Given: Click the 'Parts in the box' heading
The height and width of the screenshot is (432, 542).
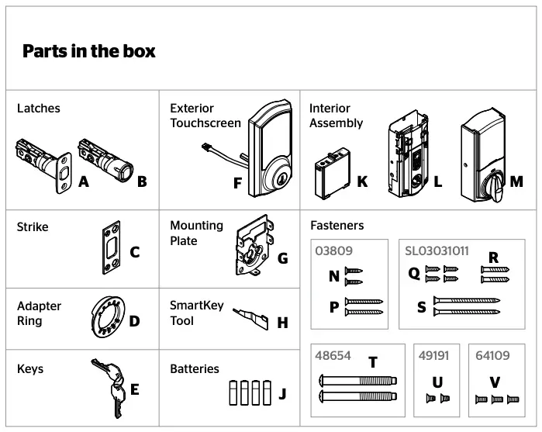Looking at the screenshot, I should pos(88,52).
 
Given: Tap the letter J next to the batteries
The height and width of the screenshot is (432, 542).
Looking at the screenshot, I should pos(282,394).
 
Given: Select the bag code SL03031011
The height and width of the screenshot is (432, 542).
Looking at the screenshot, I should pos(437,251).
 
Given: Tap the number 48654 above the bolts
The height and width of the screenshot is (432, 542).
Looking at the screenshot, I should pos(333,356).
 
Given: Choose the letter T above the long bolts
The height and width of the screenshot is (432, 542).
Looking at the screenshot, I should pos(373,362).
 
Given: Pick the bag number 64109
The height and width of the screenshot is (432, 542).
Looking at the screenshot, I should pos(493,356).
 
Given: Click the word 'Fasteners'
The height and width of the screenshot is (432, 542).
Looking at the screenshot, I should pos(337,226).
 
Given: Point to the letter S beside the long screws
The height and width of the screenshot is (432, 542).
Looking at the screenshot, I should pos(422,308).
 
